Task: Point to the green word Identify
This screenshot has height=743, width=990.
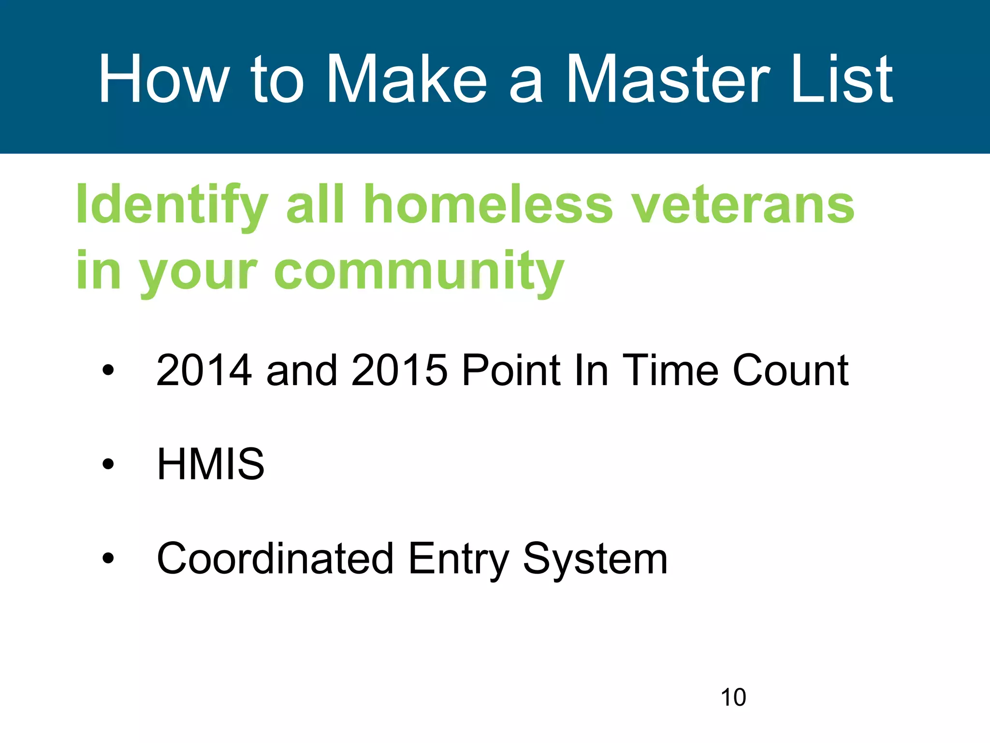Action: point(172,206)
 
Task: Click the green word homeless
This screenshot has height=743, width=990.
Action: point(488,206)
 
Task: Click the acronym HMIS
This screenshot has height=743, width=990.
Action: point(211,464)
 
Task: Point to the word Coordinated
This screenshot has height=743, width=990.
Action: point(275,559)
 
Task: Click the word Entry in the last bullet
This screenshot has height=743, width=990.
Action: point(458,559)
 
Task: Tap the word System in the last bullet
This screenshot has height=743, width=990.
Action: point(596,559)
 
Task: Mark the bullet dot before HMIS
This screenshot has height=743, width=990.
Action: point(108,464)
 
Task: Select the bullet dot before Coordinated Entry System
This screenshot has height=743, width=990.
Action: point(108,559)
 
